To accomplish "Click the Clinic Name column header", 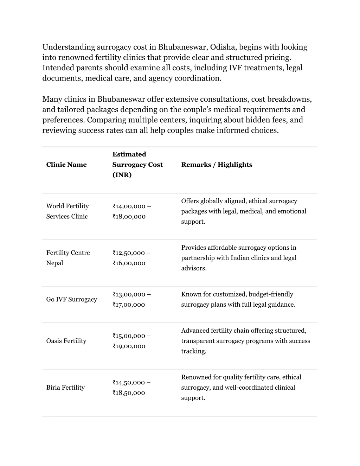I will pos(66,165).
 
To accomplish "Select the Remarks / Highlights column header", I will pos(217,165).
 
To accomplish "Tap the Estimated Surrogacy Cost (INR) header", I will pos(137,165).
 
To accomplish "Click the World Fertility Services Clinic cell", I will pos(67,211).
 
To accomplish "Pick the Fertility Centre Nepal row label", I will pos(68,258).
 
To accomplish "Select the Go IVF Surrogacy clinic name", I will pos(72,299).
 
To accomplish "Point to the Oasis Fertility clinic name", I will pos(66,341).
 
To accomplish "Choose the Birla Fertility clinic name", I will pos(65,388).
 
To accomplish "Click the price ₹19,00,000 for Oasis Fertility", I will pos(129,346).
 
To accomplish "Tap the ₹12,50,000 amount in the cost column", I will pos(129,253).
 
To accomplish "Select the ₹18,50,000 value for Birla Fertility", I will pos(129,393).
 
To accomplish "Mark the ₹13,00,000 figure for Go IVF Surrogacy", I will pos(129,294).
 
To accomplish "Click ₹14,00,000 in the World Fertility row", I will pos(129,206).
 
